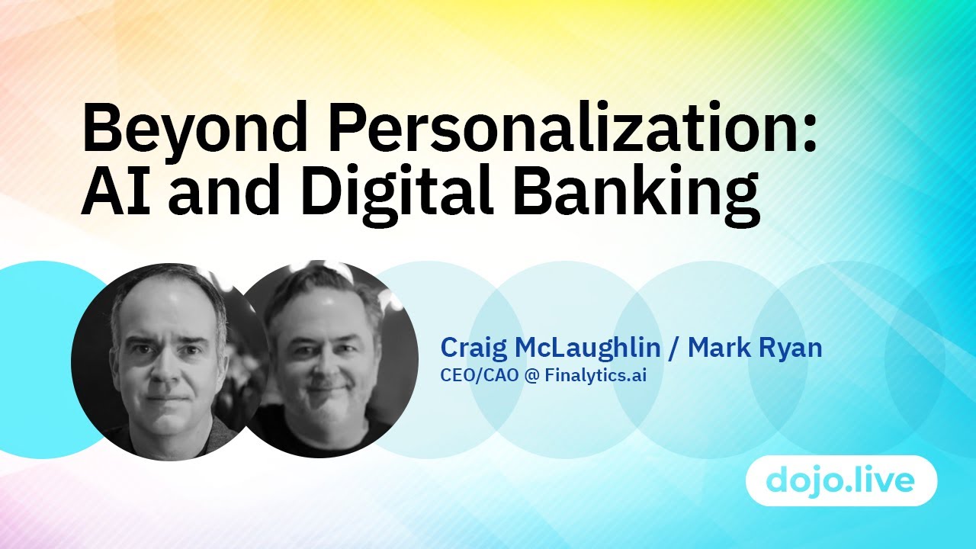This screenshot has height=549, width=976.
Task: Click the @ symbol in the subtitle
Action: pos(531,376)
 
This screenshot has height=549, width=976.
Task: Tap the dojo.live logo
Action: pos(841,481)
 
